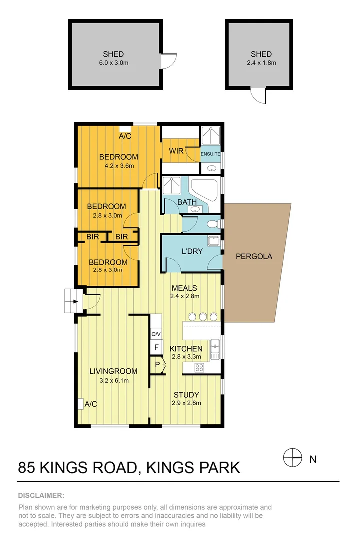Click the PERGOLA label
click(254, 256)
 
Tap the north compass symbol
click(293, 457)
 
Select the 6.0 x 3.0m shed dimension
click(113, 63)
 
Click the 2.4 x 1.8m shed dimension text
click(261, 63)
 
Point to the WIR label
click(176, 150)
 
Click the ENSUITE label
click(210, 154)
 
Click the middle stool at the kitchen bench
click(203, 316)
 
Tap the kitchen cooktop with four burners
click(199, 367)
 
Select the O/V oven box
click(156, 334)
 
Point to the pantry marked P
click(157, 365)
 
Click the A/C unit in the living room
click(80, 403)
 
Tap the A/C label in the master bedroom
click(125, 136)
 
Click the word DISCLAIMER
click(41, 495)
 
